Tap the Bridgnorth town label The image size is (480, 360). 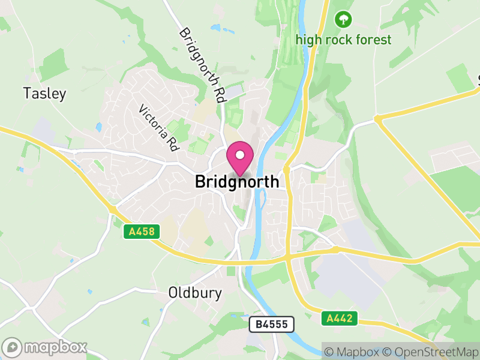coord(237,182)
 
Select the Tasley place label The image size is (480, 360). coord(44,94)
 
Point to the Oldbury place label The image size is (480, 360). coord(195,293)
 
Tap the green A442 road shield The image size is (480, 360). coord(339,318)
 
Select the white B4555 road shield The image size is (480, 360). coord(272,325)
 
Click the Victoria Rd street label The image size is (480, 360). coord(159,128)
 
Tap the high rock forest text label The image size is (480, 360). coord(343,40)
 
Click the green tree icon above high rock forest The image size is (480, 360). coord(343,19)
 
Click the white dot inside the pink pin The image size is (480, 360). coord(240,155)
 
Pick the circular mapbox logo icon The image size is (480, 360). coord(13,347)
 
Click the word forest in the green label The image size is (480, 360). coord(373,40)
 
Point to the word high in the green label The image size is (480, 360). coord(308,40)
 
